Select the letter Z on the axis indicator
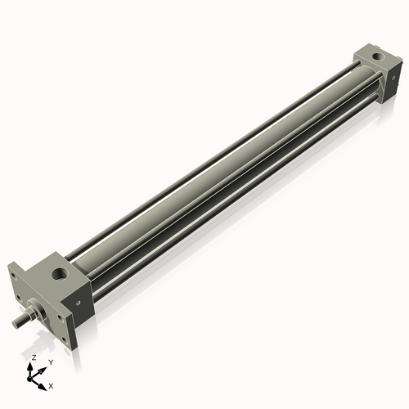[34, 358]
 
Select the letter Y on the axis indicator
[51, 362]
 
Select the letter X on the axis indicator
[52, 384]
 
